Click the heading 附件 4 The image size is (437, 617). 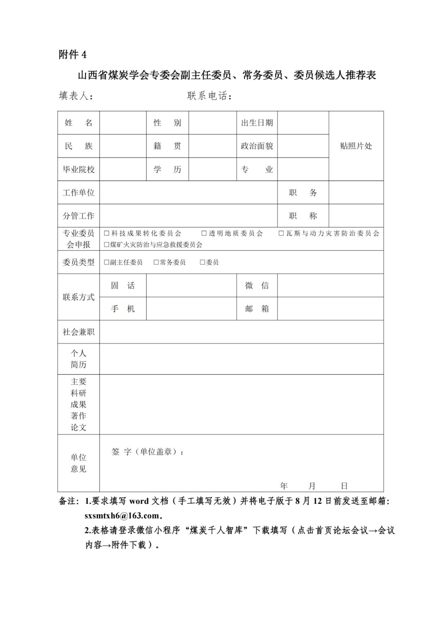pos(72,55)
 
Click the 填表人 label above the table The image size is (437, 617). pos(75,96)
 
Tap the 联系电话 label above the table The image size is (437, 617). pos(209,96)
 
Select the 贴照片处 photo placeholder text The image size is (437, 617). pos(356,146)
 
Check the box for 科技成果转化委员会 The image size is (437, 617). pos(107,233)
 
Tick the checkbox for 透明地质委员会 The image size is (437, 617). pos(204,233)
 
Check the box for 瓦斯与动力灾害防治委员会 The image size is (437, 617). pos(281,233)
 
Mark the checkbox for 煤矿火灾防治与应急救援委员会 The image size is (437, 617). pos(107,244)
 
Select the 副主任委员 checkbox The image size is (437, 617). pos(107,262)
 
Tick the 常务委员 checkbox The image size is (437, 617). pos(156,262)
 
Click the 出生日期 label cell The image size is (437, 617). pos(257,123)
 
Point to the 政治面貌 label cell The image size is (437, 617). pos(257,146)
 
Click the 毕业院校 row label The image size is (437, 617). pos(78,169)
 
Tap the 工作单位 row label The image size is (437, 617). pos(78,193)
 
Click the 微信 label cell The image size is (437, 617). pos(257,286)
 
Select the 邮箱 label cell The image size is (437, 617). pos(257,309)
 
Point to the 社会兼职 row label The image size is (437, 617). pos(78,332)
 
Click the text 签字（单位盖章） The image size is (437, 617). pos(146,452)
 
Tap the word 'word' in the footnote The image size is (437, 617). pos(139,501)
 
